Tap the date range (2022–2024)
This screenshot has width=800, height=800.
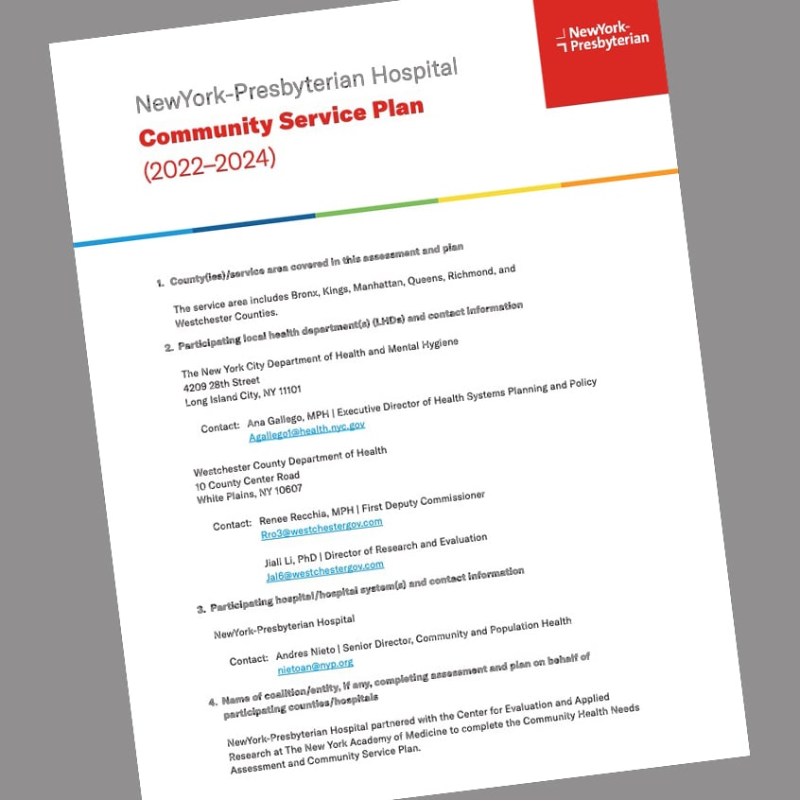click(210, 161)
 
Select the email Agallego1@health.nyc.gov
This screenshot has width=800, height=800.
click(306, 429)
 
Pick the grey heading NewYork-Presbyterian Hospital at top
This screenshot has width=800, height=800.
click(297, 84)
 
